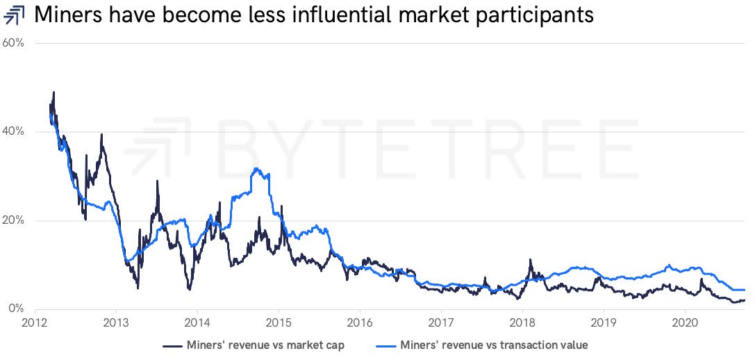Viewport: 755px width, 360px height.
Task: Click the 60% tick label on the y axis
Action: point(13,43)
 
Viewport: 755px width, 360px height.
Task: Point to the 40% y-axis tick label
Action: point(13,132)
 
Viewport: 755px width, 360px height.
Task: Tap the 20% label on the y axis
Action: point(13,221)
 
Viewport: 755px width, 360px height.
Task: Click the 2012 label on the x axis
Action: point(35,323)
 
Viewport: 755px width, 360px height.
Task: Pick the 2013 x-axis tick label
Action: point(116,323)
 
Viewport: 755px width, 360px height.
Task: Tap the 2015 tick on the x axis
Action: point(279,323)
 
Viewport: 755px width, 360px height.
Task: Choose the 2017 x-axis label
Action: point(441,323)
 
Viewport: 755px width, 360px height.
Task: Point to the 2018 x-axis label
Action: point(522,323)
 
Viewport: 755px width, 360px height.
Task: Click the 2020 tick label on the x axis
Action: point(685,323)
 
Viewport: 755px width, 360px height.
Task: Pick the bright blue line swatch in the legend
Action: point(388,345)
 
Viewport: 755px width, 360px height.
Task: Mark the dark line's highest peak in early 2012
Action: point(53,92)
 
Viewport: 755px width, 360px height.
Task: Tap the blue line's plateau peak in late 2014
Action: point(258,170)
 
